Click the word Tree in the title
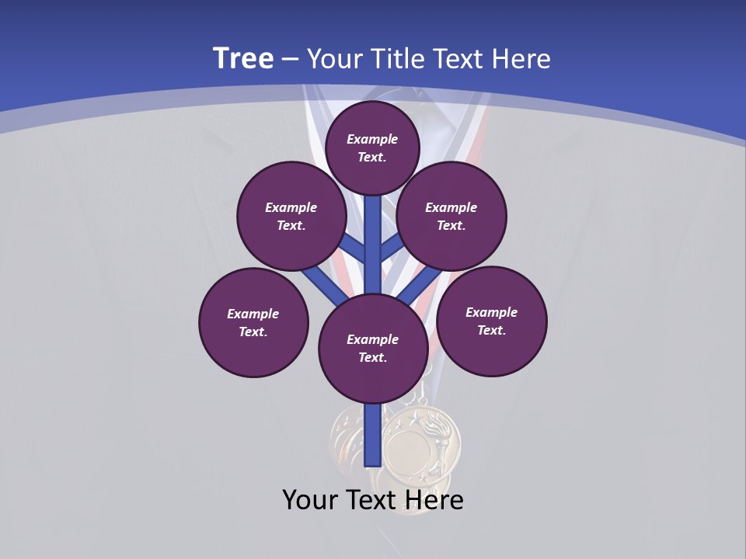[243, 58]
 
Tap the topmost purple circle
[372, 148]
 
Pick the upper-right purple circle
[451, 216]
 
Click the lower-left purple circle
[253, 322]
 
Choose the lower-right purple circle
[492, 321]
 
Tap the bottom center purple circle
[373, 348]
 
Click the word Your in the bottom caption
[310, 500]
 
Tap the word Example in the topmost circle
[372, 139]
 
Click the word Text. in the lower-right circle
[491, 330]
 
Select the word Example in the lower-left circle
[253, 314]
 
